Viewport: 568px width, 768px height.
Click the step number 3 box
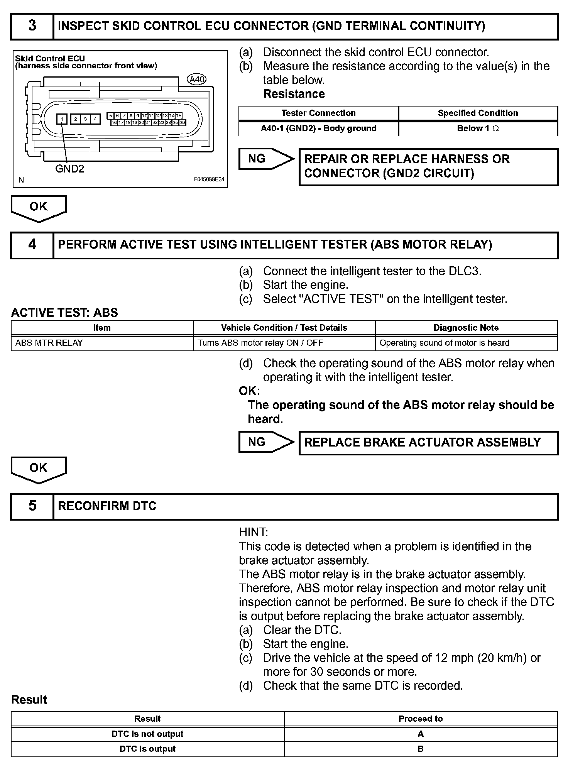tap(32, 26)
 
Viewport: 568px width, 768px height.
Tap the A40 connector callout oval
tap(196, 80)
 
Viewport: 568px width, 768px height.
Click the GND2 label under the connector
tap(69, 169)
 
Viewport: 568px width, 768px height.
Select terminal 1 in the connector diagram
tap(62, 119)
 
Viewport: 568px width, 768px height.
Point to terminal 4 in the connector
tap(95, 119)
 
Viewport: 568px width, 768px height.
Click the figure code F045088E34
tap(209, 180)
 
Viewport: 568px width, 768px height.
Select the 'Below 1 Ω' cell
tap(478, 129)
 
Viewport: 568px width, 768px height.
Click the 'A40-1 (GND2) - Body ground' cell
tap(318, 129)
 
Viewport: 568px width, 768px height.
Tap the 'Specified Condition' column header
tap(478, 113)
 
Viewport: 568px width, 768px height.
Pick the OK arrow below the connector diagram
tap(39, 208)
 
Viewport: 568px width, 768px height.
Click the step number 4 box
tap(32, 245)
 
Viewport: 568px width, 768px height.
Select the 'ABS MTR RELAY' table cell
tap(49, 343)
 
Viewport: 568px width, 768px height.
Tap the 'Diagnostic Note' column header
tap(466, 328)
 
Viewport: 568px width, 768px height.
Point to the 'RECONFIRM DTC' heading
tap(107, 506)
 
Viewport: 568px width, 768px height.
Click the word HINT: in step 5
tap(254, 532)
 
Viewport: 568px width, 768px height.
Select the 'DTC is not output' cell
tap(147, 734)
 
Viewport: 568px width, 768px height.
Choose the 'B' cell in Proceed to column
tap(421, 749)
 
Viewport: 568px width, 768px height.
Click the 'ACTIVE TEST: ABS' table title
tap(64, 313)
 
